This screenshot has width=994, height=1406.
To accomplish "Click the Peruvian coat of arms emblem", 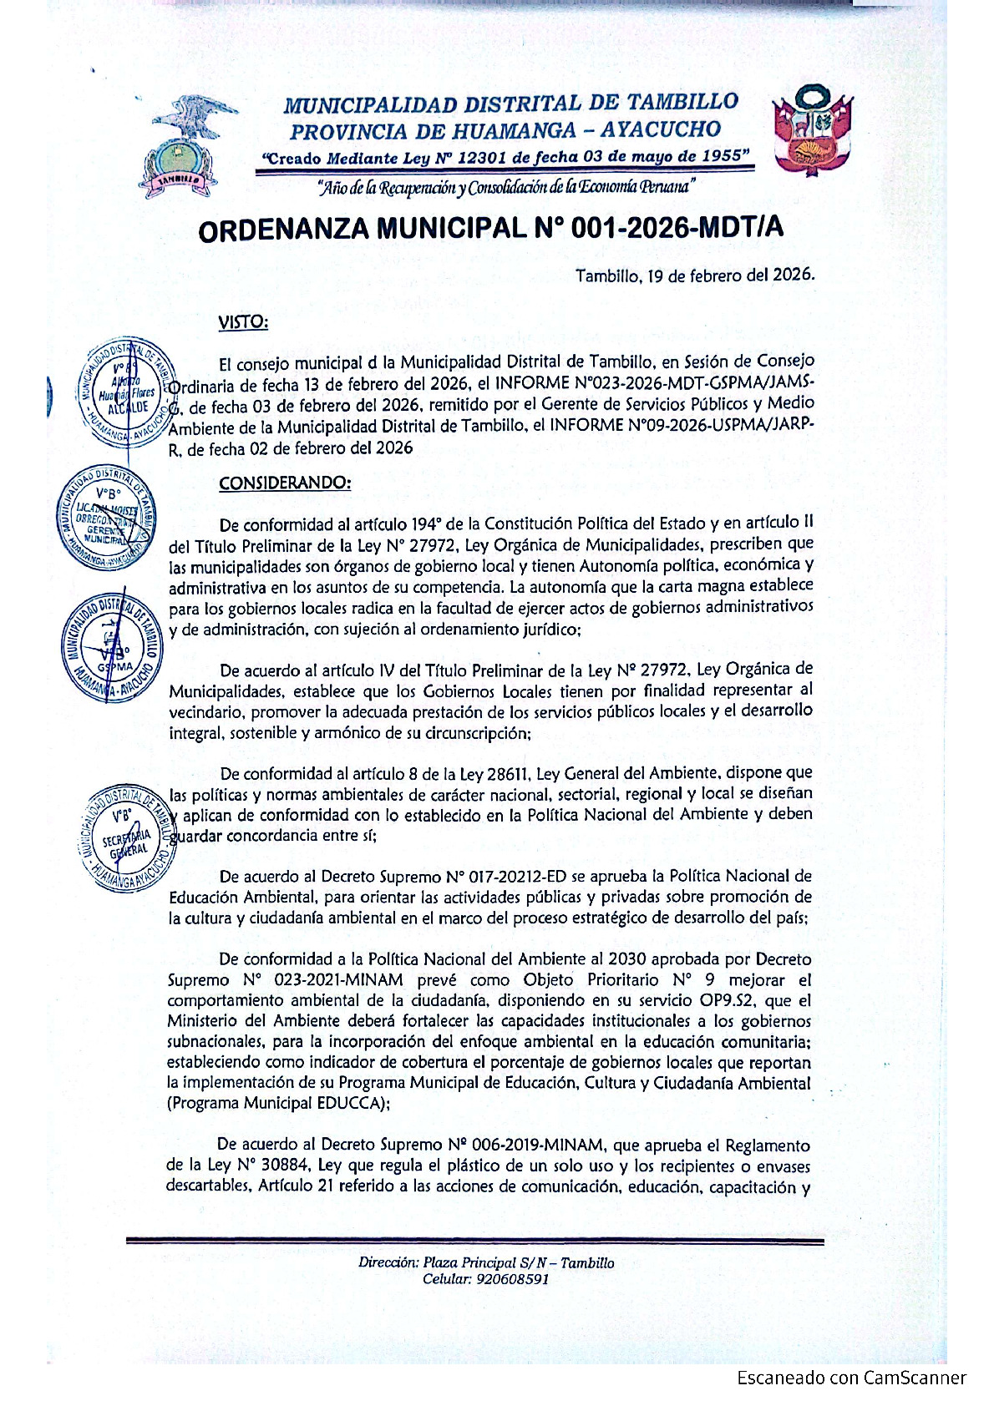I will (811, 134).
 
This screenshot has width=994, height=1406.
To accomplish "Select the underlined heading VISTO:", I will (243, 321).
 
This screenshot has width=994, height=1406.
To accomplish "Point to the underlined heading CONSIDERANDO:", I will (285, 483).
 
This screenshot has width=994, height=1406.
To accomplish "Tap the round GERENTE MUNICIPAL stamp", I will (106, 518).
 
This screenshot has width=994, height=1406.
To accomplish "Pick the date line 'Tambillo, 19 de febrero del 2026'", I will (694, 276).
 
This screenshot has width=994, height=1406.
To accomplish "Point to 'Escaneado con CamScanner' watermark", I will (851, 1378).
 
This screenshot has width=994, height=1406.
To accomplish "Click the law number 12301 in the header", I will (484, 158).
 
